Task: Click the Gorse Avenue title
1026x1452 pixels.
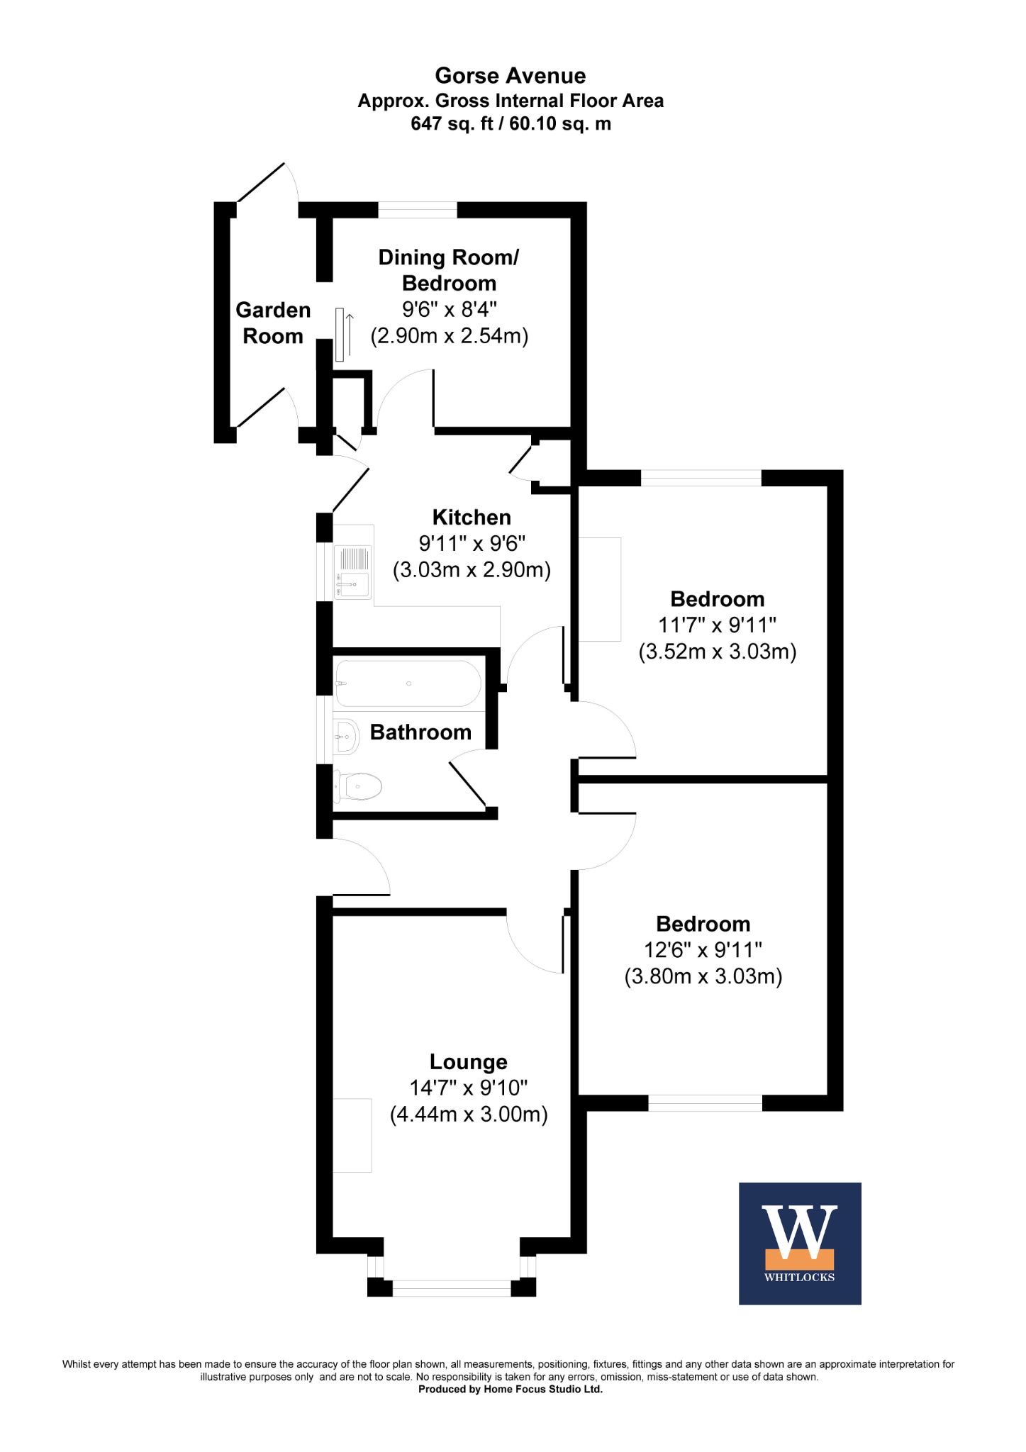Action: [511, 76]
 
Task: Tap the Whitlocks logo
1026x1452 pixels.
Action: [800, 1243]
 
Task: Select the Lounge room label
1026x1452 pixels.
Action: [469, 1061]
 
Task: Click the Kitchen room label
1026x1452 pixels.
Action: [472, 517]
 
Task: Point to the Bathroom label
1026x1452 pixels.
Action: [420, 732]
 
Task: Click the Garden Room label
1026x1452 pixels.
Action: [273, 323]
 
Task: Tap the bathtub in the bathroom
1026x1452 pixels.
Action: [408, 683]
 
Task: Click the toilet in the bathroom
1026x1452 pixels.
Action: [358, 786]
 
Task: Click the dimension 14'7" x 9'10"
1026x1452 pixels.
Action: [469, 1088]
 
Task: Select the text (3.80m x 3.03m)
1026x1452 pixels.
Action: [703, 976]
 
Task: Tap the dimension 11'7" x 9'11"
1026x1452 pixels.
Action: [718, 625]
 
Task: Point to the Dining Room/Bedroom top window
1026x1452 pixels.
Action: [418, 209]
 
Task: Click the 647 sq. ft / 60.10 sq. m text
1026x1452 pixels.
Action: [511, 124]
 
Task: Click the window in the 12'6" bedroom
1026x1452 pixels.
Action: [706, 1102]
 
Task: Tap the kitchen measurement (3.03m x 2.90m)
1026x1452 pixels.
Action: [472, 569]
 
